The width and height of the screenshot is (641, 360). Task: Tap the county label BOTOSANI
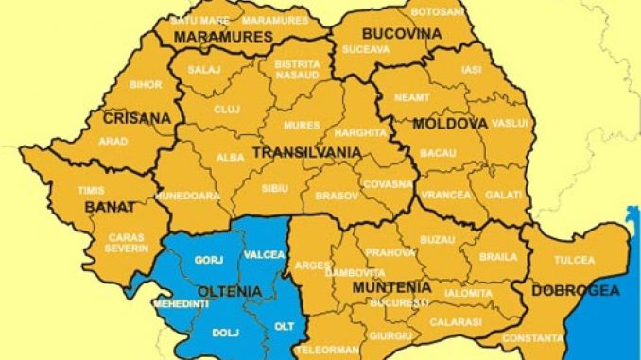(437, 12)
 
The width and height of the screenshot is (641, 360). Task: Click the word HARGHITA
(360, 133)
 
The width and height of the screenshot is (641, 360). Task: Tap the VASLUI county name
(508, 123)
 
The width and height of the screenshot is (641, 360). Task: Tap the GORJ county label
(207, 259)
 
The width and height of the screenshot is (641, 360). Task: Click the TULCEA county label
(576, 260)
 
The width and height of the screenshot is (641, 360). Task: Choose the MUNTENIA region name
(391, 286)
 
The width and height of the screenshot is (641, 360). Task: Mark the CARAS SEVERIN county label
(127, 242)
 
